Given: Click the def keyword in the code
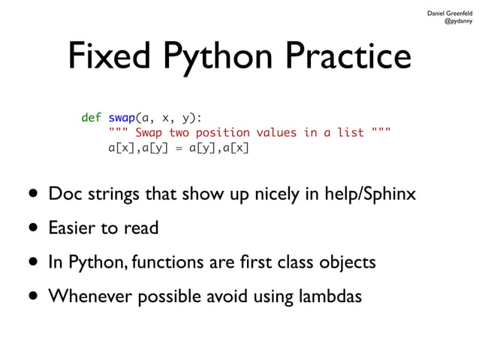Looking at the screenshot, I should [91, 117].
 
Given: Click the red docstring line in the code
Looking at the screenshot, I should [249, 132].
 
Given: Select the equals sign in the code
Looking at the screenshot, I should [178, 147].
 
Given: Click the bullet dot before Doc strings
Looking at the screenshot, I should [32, 195].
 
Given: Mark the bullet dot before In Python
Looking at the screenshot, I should [32, 262].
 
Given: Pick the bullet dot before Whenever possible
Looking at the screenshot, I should [32, 296].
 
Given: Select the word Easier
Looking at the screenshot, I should [73, 228].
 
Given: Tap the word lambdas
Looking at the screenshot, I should [331, 296].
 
